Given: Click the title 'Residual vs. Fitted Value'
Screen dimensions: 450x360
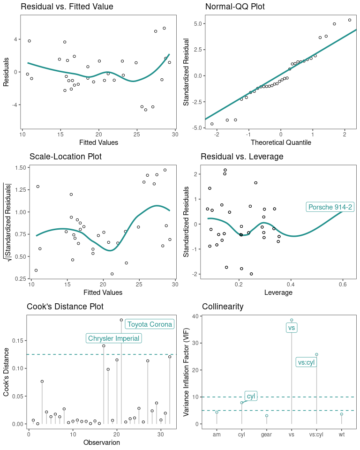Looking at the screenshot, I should (67, 7).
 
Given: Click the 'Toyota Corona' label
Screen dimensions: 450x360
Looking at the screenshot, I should (150, 324).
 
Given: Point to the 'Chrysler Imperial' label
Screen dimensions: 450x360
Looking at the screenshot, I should (113, 338).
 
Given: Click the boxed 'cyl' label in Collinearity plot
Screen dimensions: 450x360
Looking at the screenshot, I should (251, 396).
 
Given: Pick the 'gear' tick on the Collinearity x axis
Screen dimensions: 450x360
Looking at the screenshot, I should (267, 435).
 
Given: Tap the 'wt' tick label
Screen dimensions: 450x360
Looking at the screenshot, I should (342, 435).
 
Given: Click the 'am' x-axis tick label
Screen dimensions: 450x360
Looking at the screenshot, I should (217, 435).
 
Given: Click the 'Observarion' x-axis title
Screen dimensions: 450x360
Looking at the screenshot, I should (101, 442).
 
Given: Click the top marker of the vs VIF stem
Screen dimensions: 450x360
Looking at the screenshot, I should (292, 320).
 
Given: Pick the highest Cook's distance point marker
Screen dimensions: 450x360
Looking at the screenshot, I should (121, 320).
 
